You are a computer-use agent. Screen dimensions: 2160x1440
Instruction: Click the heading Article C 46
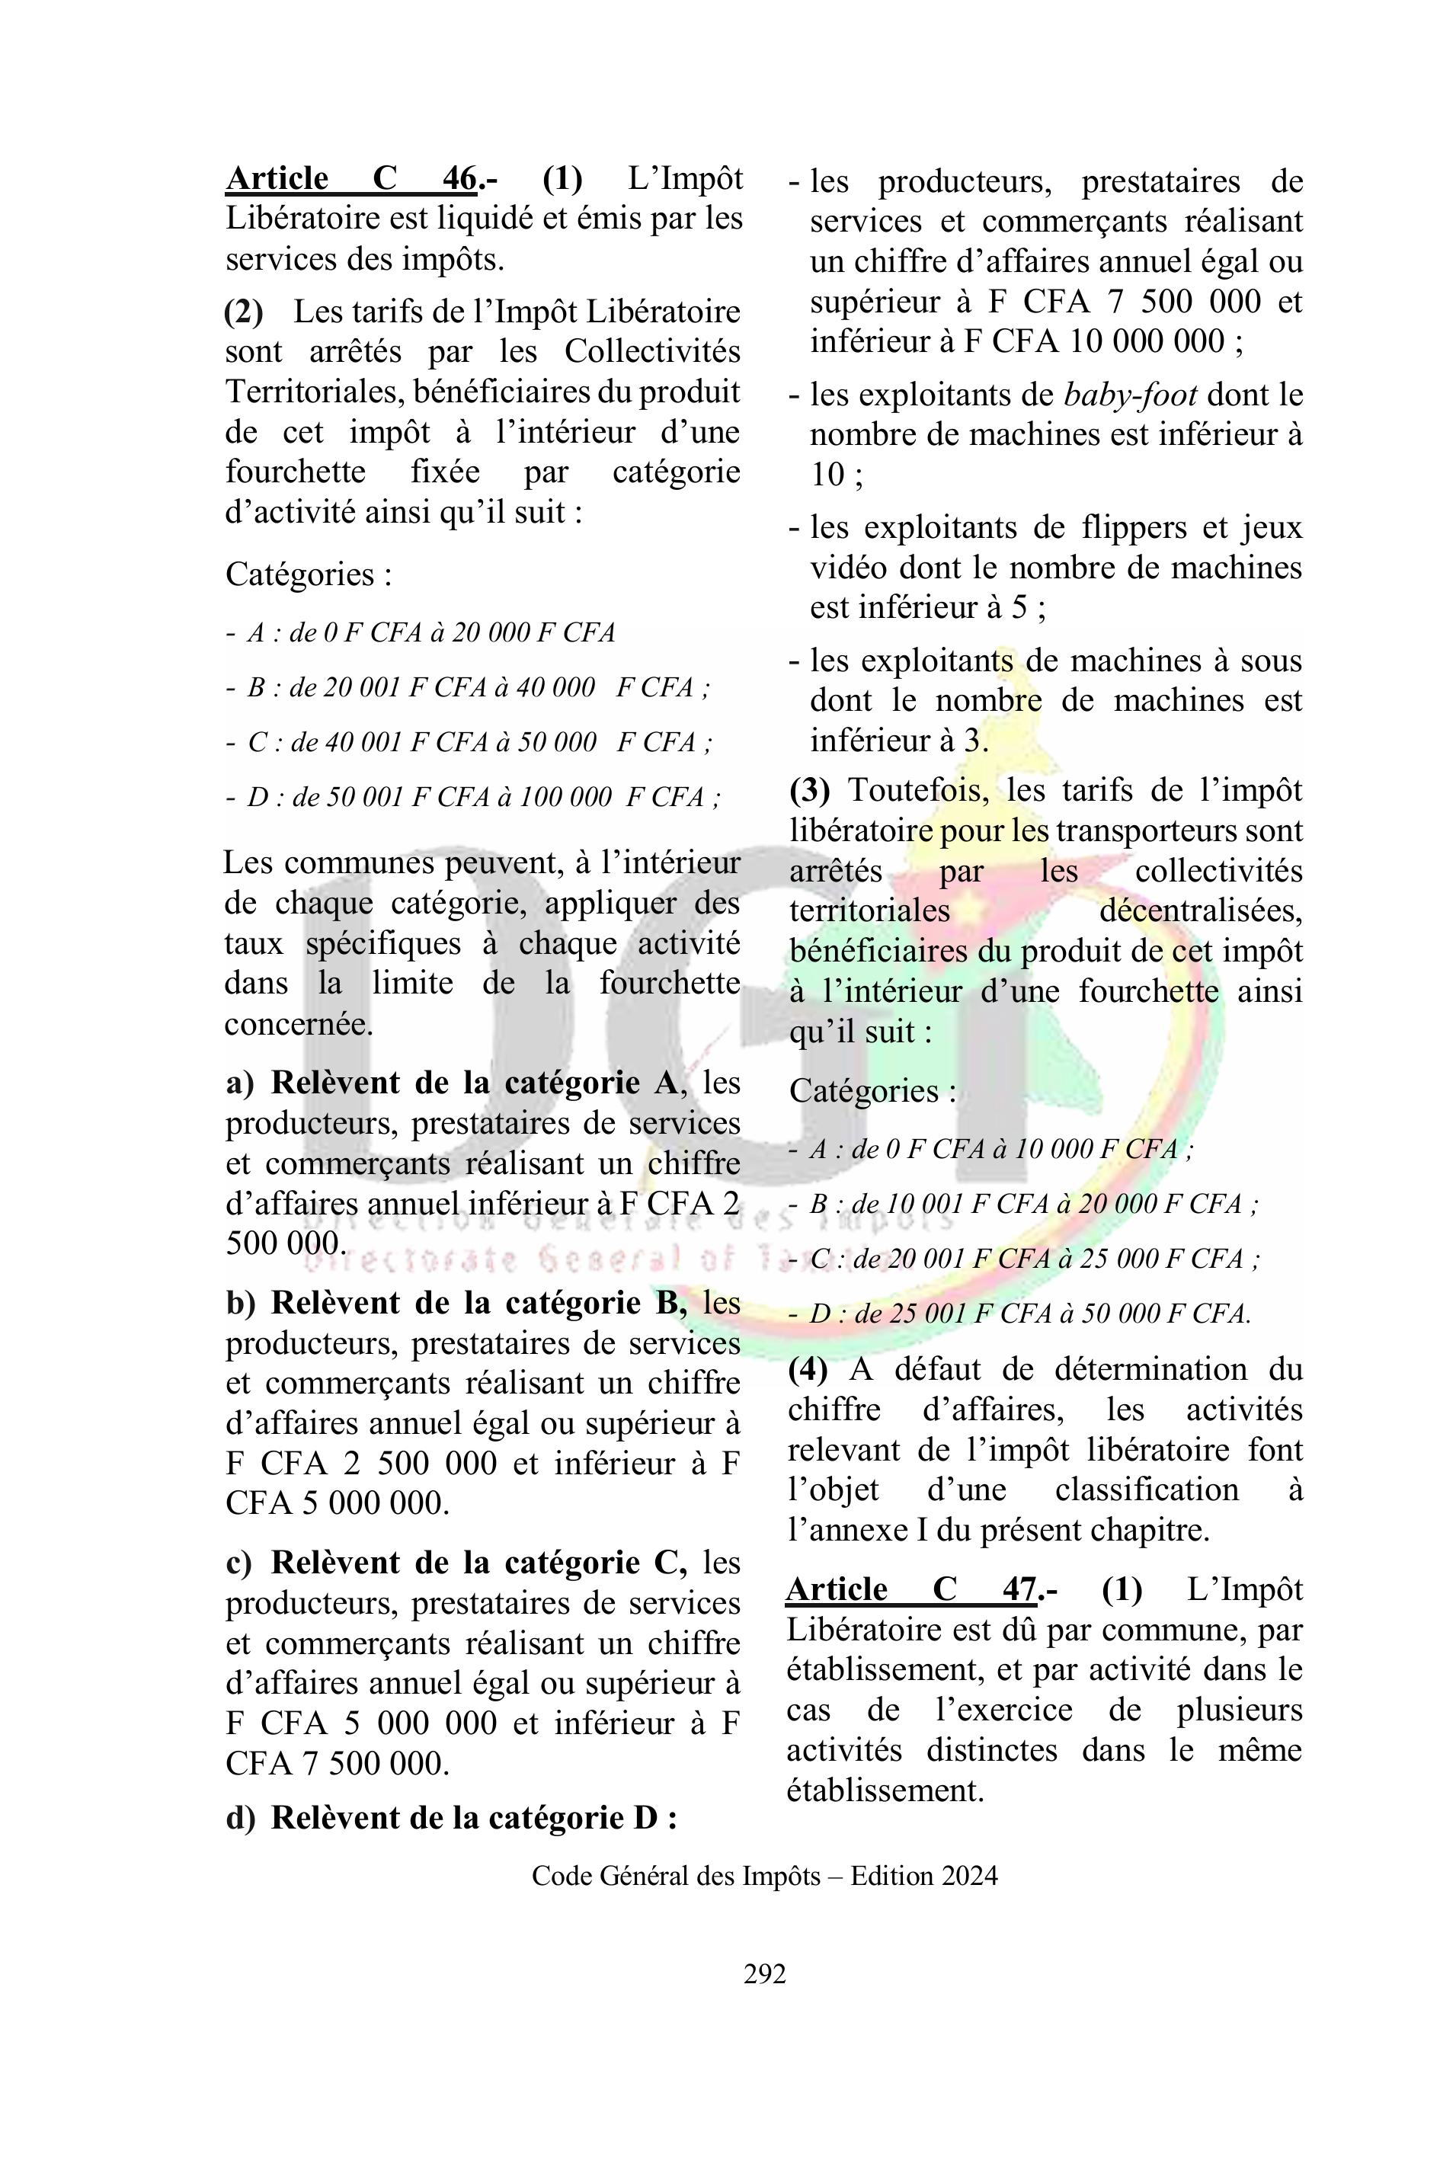(x=352, y=178)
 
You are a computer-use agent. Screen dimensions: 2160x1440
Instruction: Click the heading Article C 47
(x=912, y=1589)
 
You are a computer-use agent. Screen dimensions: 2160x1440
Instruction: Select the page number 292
(x=764, y=1973)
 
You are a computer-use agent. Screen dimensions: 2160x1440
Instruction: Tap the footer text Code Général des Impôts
(x=676, y=1875)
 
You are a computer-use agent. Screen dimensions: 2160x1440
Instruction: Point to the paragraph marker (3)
(x=809, y=790)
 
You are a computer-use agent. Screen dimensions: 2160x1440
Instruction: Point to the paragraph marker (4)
(x=808, y=1369)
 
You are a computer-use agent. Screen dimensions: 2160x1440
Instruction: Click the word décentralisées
(x=1200, y=911)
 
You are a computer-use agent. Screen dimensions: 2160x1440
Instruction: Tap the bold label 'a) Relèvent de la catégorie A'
(x=451, y=1083)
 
